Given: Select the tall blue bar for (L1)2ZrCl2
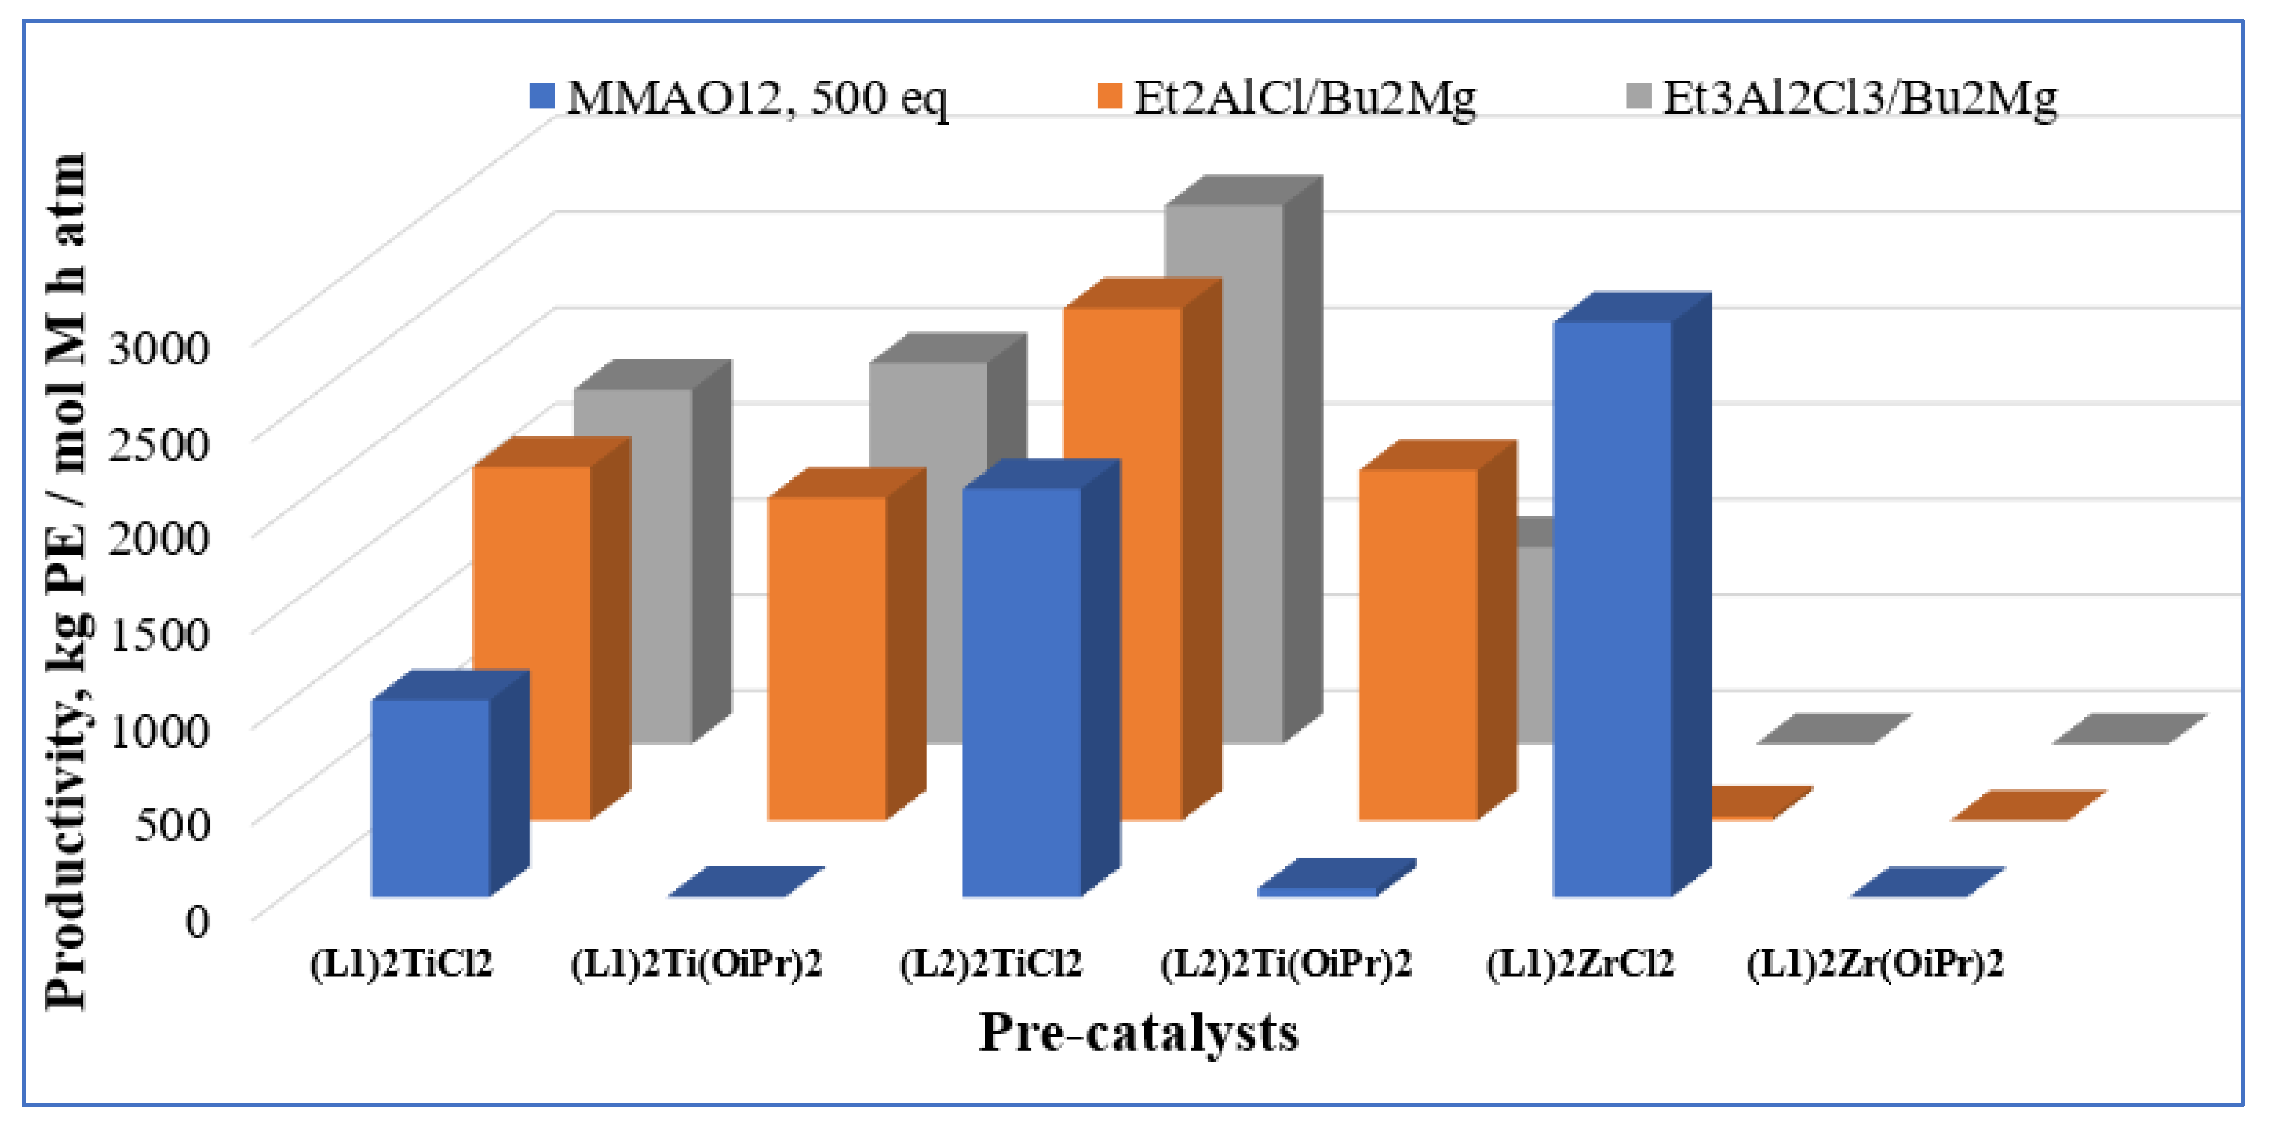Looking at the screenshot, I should pyautogui.click(x=1612, y=608).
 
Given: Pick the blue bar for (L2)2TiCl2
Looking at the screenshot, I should pyautogui.click(x=1021, y=692).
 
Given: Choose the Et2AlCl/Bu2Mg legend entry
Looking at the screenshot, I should pyautogui.click(x=1287, y=97).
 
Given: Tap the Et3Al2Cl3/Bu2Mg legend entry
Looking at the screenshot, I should pyautogui.click(x=1842, y=97).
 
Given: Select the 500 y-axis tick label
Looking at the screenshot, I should pyautogui.click(x=172, y=825).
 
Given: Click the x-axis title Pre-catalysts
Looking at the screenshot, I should pyautogui.click(x=1139, y=1033).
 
